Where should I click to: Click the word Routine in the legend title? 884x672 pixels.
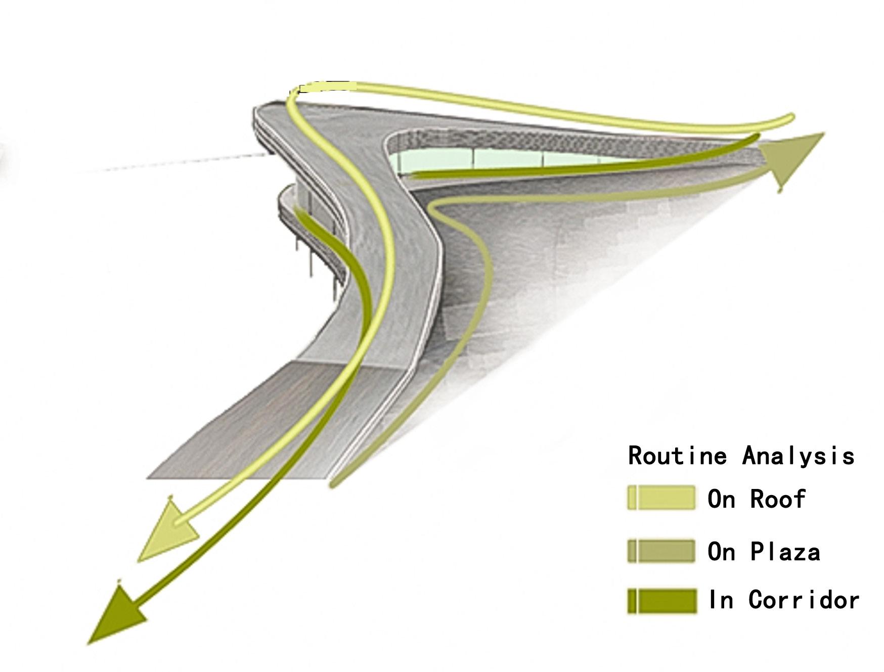(677, 456)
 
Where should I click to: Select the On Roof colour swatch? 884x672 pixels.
(661, 498)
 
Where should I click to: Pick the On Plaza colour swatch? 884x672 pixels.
(661, 551)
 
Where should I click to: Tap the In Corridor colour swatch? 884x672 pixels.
(661, 601)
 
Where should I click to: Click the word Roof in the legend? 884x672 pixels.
(777, 499)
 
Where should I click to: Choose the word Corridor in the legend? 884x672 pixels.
(804, 600)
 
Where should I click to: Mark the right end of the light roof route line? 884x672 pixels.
(789, 119)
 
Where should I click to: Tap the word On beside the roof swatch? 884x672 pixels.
(721, 499)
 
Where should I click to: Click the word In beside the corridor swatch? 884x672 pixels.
(720, 600)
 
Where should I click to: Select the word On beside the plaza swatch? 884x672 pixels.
(721, 552)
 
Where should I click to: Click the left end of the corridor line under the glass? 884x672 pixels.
(412, 175)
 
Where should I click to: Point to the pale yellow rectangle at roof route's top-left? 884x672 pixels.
(326, 86)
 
